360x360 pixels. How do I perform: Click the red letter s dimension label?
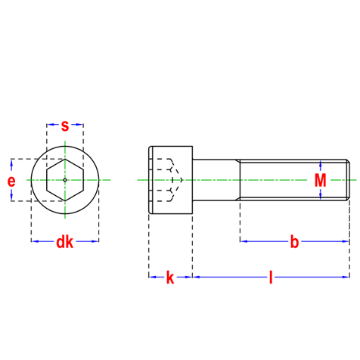pos(65,126)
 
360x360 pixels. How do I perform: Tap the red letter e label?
pos(11,182)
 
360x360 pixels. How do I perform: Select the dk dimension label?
pos(65,242)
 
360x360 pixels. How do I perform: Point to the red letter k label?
pos(170,278)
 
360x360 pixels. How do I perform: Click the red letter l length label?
pos(271,278)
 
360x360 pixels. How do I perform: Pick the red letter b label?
pos(294,242)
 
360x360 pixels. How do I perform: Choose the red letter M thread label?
pos(320,180)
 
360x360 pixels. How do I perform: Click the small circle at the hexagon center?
pos(65,180)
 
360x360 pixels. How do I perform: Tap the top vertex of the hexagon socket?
pos(65,159)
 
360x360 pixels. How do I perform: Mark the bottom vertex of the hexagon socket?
pos(65,201)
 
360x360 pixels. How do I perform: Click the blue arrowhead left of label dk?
pos(36,241)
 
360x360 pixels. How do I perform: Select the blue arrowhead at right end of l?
pos(346,277)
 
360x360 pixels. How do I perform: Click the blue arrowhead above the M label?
pos(321,164)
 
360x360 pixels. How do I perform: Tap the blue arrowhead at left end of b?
pos(244,241)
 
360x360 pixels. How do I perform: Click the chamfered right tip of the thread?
pos(348,180)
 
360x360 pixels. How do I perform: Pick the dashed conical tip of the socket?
pos(178,180)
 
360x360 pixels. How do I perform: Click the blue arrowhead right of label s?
pos(79,124)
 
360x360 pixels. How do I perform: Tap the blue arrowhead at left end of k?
pos(153,277)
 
